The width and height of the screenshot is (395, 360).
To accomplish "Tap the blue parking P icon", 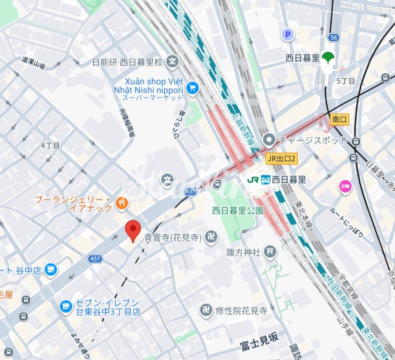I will [287, 35].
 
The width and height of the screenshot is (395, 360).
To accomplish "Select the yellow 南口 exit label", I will [339, 120].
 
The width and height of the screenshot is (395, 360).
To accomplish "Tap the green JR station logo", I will [253, 179].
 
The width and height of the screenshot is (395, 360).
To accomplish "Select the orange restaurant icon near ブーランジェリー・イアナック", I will [121, 203].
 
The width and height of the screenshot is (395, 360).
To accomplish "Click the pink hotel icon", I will [344, 187].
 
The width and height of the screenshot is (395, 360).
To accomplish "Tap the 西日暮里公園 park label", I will [238, 211].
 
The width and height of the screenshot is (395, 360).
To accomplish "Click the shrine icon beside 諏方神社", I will [270, 252].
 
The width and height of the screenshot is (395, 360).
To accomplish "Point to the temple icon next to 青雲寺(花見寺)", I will [211, 237].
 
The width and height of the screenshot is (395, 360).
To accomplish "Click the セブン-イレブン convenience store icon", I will [65, 307].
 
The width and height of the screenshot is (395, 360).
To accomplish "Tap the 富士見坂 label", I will [259, 338].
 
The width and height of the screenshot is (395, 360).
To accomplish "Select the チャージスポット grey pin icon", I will [269, 140].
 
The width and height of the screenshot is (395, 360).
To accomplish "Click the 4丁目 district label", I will [50, 145].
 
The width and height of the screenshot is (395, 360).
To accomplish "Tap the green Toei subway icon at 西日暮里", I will [328, 57].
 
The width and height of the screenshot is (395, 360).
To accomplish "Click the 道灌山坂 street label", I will [34, 63].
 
